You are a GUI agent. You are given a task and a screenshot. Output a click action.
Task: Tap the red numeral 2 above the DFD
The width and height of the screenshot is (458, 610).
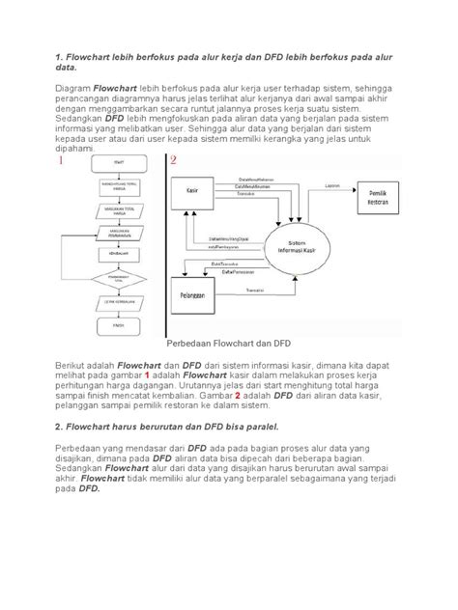tap(174, 160)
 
